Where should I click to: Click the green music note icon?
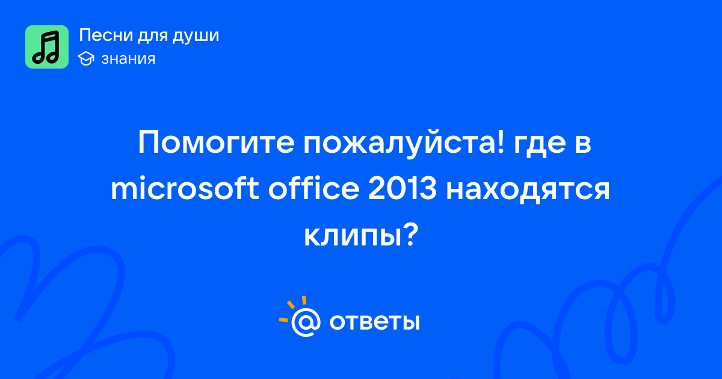[47, 47]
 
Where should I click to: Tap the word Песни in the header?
[106, 35]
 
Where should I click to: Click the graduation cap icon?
[86, 58]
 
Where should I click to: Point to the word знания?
[128, 59]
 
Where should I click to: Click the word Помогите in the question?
[216, 143]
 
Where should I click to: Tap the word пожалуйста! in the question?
[404, 144]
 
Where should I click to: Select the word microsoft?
[185, 188]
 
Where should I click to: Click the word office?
[313, 188]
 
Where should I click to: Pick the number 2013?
[403, 188]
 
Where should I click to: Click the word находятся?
[528, 190]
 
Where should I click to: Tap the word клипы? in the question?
[361, 235]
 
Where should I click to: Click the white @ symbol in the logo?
[306, 322]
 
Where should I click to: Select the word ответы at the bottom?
[374, 322]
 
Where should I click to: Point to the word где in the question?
[540, 146]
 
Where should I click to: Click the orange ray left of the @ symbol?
[283, 320]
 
